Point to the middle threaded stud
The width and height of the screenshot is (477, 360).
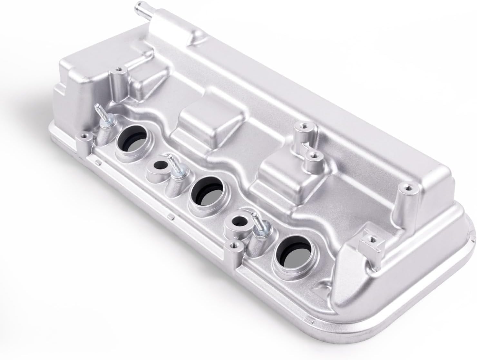[173, 165]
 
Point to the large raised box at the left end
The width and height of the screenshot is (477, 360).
[81, 74]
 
